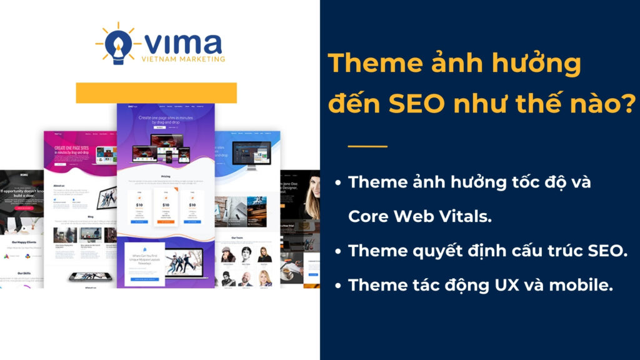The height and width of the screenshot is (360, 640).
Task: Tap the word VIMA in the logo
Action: click(182, 44)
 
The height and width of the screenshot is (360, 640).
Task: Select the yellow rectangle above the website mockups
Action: click(156, 92)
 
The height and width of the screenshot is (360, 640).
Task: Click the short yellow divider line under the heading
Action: click(367, 147)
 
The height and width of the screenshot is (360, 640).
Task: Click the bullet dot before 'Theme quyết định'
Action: click(337, 251)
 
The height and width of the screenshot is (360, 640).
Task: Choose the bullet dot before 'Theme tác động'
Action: click(337, 285)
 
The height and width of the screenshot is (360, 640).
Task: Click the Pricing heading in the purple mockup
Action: click(166, 176)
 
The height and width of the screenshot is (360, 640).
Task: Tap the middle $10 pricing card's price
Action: click(166, 204)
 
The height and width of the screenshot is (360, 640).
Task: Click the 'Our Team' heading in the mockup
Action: click(246, 237)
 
